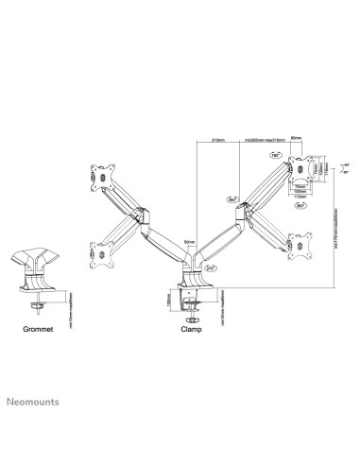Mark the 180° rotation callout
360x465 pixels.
[x=276, y=153]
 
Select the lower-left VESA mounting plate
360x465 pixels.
[x=99, y=252]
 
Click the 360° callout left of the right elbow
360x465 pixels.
[x=231, y=200]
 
